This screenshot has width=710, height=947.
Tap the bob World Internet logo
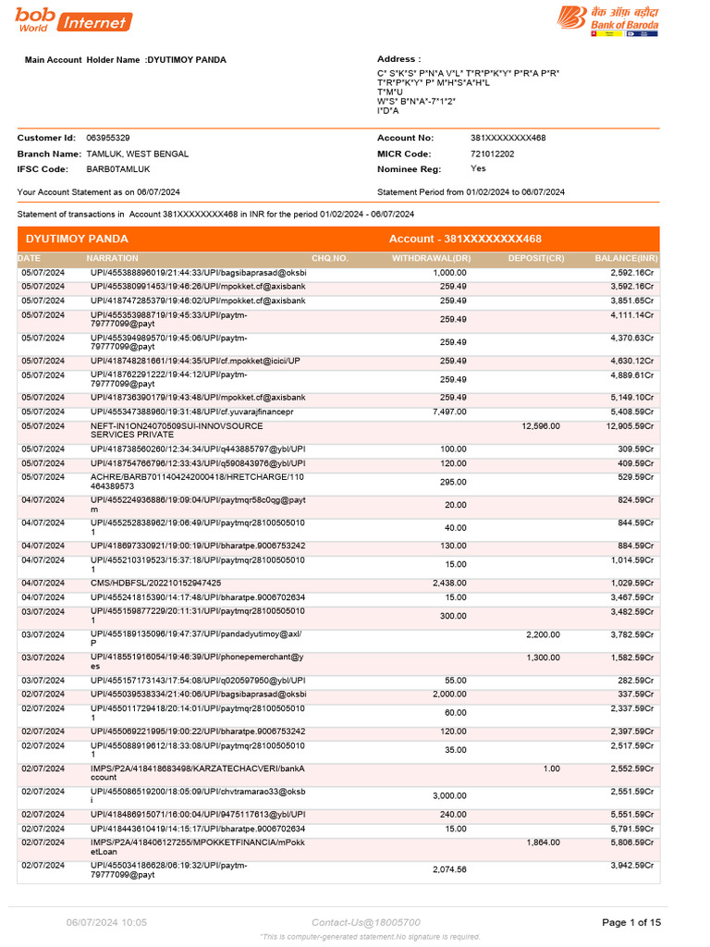73,20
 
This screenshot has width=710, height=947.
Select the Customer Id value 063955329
107,138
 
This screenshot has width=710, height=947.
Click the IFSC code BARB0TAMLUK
117,169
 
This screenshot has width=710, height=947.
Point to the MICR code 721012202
492,154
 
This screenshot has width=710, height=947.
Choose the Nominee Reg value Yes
477,169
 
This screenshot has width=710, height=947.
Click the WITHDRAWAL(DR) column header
432,258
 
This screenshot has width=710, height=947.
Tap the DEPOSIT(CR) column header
536,258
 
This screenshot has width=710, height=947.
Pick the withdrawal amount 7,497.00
449,412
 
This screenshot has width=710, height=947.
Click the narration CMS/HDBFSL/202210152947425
155,584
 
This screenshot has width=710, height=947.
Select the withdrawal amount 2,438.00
449,584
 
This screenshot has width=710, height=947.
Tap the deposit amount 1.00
551,769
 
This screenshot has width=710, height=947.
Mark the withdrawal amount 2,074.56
449,869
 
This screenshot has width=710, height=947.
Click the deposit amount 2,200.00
543,634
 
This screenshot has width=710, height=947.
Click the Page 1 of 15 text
631,922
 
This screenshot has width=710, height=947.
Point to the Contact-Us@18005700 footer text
365,922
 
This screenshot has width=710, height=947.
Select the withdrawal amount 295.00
453,482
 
